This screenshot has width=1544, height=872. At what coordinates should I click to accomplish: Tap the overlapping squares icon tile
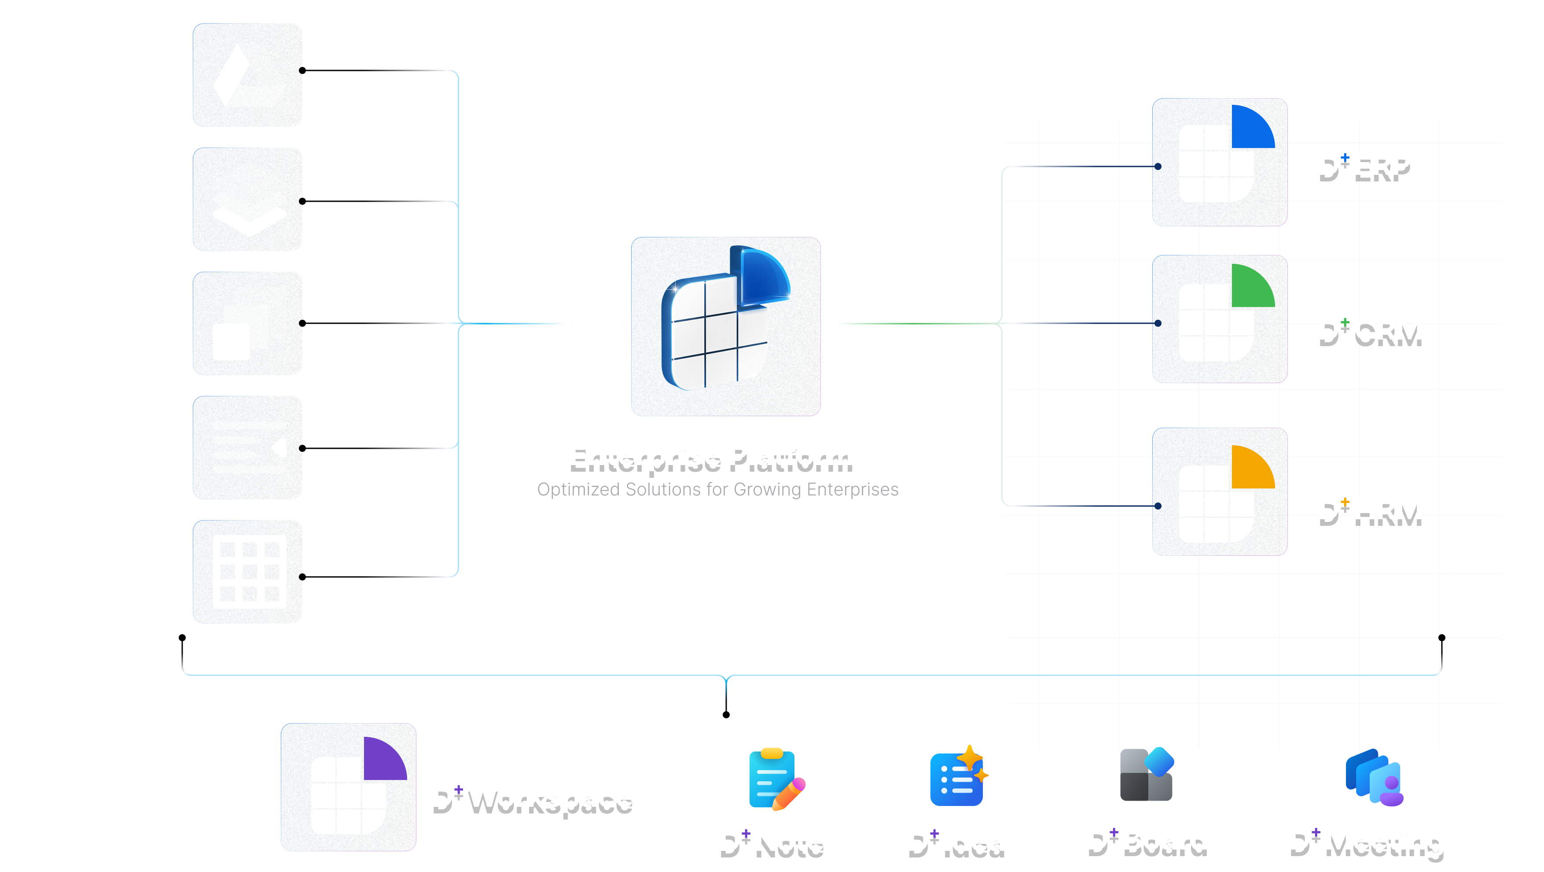click(x=247, y=323)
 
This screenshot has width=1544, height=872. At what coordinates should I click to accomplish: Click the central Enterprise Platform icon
click(x=725, y=326)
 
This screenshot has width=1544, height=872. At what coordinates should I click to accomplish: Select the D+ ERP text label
click(x=1364, y=164)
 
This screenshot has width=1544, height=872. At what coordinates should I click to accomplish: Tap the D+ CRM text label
click(x=1370, y=329)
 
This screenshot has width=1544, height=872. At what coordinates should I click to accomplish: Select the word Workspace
click(x=550, y=796)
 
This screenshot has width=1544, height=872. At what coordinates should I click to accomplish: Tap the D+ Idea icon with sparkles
click(x=958, y=776)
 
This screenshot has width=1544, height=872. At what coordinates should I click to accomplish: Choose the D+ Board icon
click(x=1147, y=774)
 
